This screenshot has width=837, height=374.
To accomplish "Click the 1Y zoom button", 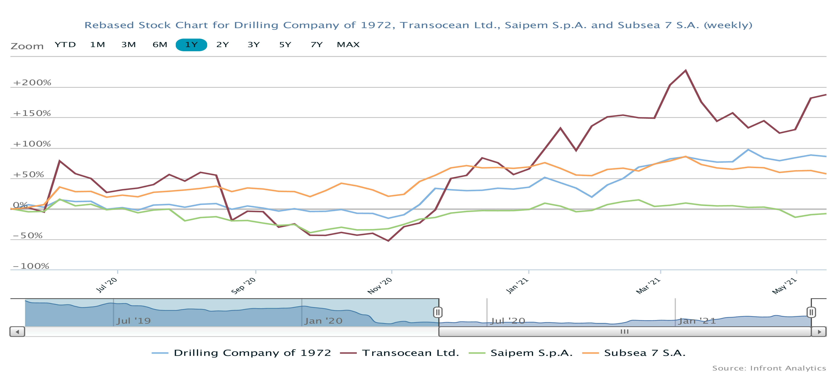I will point(191,45).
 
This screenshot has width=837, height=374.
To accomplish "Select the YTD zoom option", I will point(65,45).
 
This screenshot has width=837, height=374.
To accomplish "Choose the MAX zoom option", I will point(348,45).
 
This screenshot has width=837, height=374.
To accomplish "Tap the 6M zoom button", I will point(160,45).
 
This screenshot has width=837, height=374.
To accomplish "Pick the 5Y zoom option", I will point(285,45).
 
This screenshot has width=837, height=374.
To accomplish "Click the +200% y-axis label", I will point(32,83).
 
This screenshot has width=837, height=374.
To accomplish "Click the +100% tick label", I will point(32,144).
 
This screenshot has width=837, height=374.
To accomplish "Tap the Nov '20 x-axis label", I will point(380,286).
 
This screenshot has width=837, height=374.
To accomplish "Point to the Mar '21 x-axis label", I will point(648,286).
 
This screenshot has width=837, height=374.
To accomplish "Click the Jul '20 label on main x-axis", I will point(107,285).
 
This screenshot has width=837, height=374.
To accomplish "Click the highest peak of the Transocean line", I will point(686,70).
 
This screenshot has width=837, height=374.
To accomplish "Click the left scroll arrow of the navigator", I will point(17,332).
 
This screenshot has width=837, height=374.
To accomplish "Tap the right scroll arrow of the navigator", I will point(819,332).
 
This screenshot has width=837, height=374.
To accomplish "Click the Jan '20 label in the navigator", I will point(323,321).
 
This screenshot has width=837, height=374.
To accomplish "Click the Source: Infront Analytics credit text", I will point(769,368).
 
